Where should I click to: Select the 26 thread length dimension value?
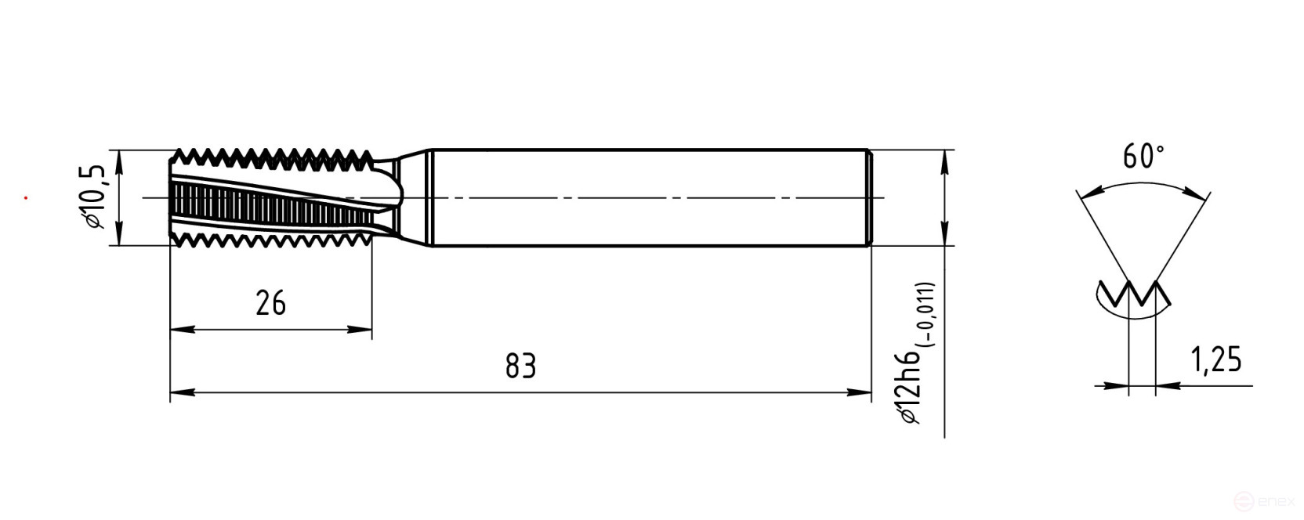[270, 303]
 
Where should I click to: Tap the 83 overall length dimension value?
[520, 366]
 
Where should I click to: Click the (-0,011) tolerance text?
[925, 315]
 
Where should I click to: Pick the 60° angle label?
[1143, 157]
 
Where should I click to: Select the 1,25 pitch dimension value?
[1216, 359]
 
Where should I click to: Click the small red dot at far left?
[26, 198]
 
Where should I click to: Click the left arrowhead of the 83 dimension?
[183, 392]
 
